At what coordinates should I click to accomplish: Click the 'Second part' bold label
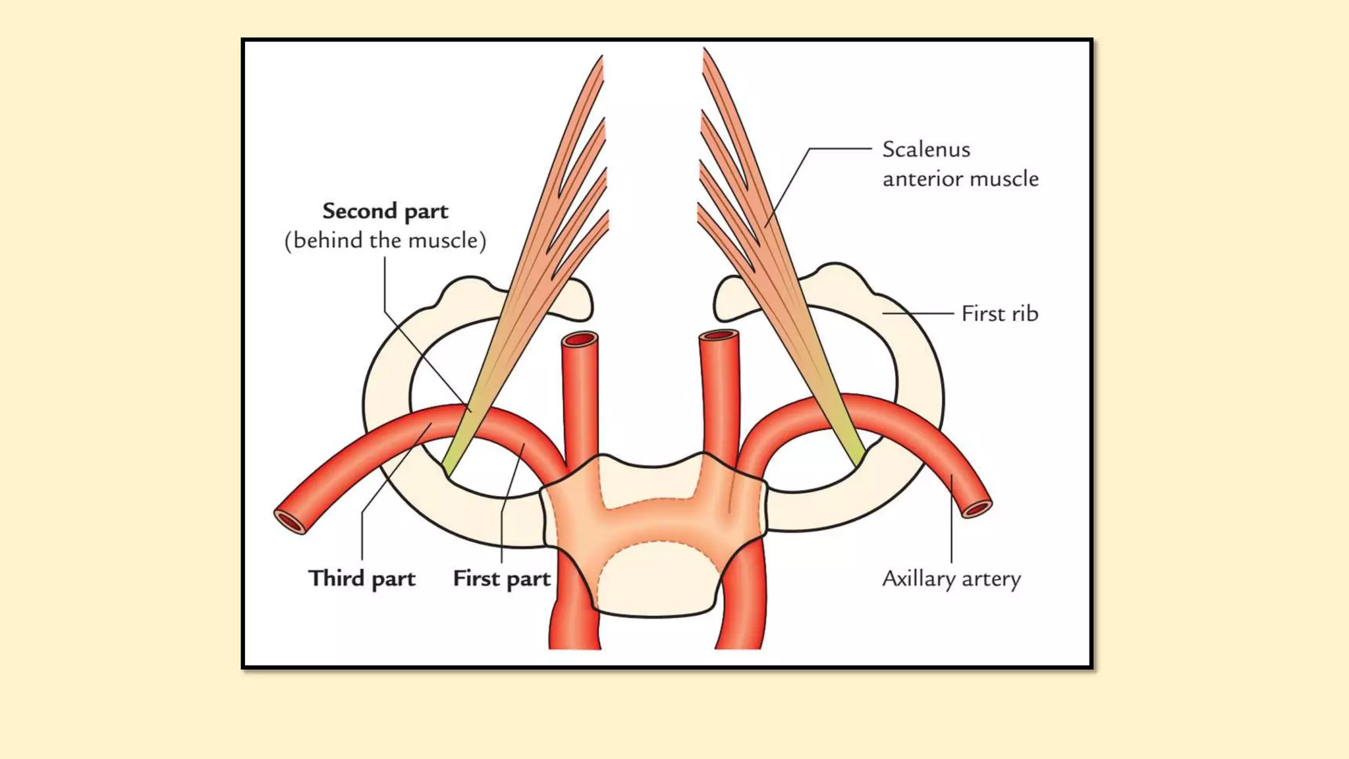[385, 211]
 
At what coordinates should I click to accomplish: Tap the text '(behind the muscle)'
[385, 240]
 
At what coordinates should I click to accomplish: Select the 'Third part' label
[362, 578]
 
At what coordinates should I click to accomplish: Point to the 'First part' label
[501, 578]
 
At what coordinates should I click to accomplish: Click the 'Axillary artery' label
[951, 578]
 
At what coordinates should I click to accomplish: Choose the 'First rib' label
[999, 314]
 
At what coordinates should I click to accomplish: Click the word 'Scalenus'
[926, 150]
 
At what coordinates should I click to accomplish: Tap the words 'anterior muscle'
[960, 179]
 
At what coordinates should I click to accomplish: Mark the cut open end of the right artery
[977, 509]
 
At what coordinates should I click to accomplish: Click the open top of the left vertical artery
[580, 339]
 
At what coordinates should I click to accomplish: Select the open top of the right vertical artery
[719, 337]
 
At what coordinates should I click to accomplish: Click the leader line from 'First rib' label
[918, 314]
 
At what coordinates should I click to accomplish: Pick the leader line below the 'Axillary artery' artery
[951, 520]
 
